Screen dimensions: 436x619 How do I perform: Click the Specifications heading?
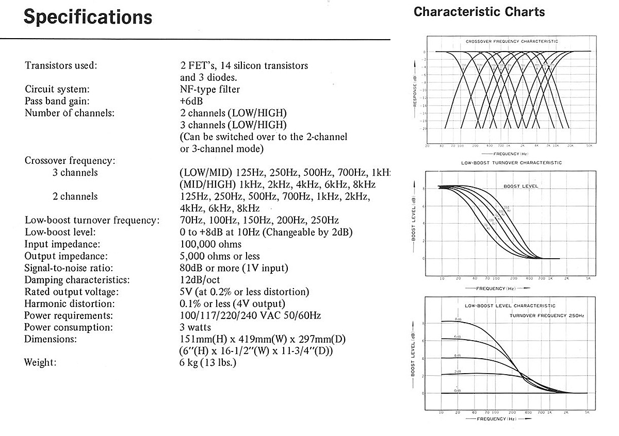88,17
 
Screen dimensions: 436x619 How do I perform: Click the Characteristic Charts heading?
479,11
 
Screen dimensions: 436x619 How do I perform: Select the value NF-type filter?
209,89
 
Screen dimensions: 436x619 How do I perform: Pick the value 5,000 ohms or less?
220,256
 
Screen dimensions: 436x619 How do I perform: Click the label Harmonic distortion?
70,304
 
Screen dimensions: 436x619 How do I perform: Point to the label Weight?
40,362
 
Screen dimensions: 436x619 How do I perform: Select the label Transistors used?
61,65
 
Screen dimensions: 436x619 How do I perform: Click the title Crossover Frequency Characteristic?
512,41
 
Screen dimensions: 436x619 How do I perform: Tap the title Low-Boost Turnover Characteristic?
511,163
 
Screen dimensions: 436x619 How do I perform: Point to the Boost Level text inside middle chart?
519,186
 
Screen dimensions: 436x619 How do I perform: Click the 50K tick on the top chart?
589,146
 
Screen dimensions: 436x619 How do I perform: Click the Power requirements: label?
69,315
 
